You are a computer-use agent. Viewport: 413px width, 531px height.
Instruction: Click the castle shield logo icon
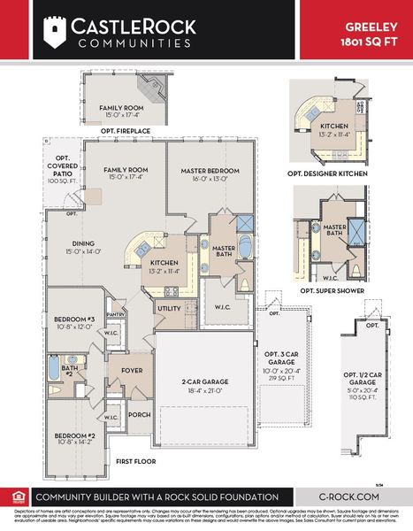click(56, 33)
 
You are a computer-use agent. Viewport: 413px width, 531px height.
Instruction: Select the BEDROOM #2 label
click(74, 435)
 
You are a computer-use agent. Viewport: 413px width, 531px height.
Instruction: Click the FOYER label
click(132, 370)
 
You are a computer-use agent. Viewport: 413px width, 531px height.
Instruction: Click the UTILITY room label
click(168, 308)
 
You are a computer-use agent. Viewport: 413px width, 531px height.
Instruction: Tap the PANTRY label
click(114, 313)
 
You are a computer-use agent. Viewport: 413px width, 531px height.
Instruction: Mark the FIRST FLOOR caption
click(137, 461)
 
